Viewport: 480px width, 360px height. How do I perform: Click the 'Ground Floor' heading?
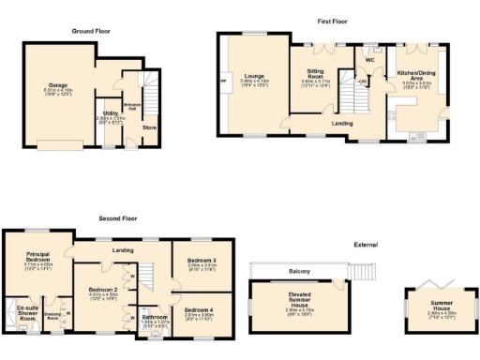93,31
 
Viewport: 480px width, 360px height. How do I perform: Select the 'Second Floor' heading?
118,217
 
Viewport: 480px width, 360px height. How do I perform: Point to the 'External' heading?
365,245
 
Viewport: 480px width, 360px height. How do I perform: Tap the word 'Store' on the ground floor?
149,127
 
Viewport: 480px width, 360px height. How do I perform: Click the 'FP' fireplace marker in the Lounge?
224,82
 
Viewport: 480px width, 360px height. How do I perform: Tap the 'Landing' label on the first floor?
340,121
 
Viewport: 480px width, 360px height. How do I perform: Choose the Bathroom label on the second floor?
154,318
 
